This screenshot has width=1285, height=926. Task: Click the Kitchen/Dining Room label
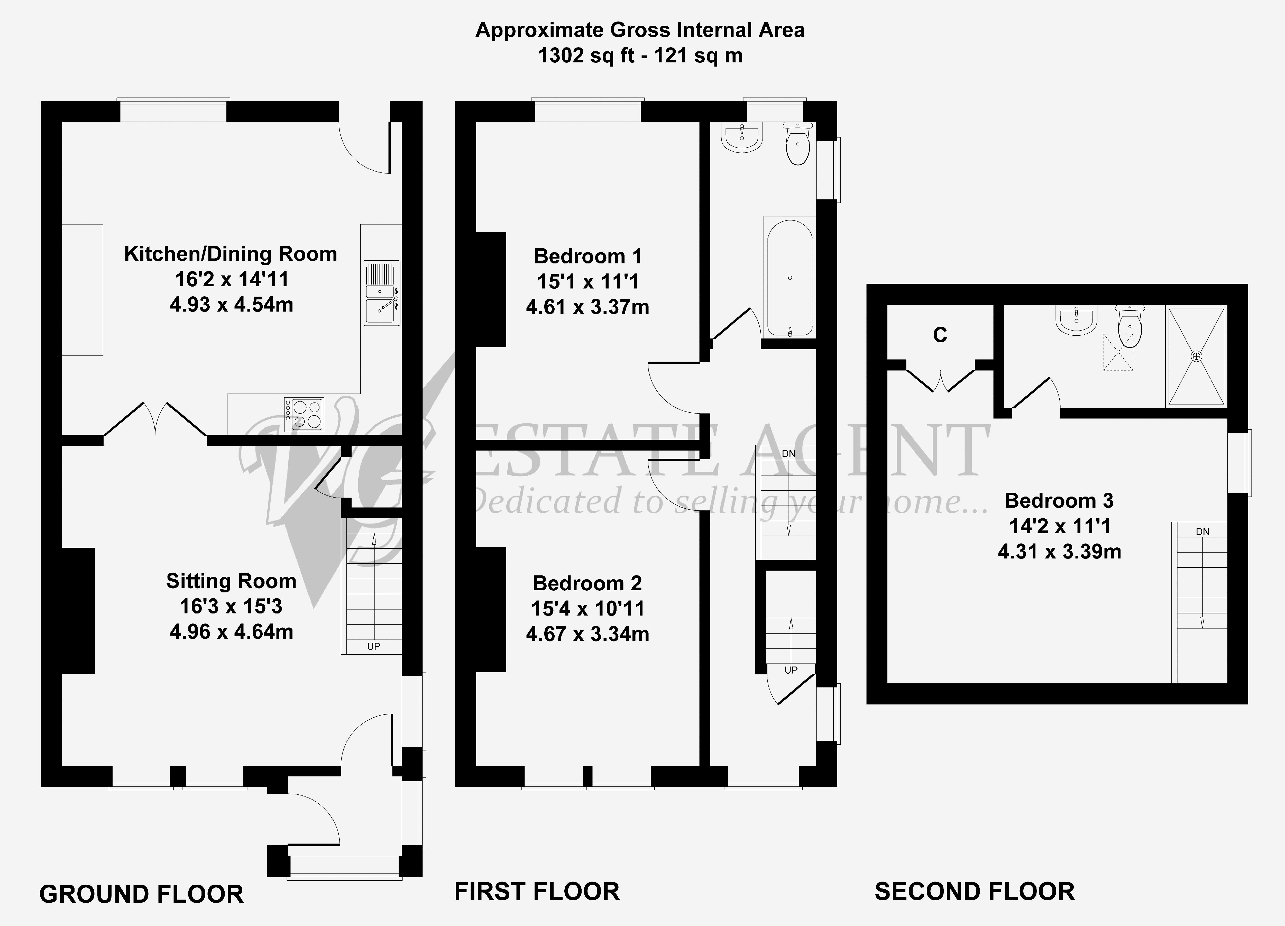pyautogui.click(x=231, y=254)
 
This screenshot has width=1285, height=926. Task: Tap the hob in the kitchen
pyautogui.click(x=304, y=414)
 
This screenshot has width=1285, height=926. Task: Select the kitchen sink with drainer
pyautogui.click(x=381, y=293)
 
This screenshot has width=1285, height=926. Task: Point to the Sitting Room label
pyautogui.click(x=231, y=581)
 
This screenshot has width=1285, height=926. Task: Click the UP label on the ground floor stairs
pyautogui.click(x=373, y=646)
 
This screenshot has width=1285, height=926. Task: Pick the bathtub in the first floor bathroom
pyautogui.click(x=790, y=278)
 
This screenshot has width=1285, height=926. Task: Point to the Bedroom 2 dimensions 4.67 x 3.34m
pyautogui.click(x=588, y=634)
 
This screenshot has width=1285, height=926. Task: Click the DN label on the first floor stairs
pyautogui.click(x=788, y=453)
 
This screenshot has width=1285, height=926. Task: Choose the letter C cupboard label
pyautogui.click(x=940, y=335)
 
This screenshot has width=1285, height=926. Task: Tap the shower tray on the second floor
pyautogui.click(x=1196, y=356)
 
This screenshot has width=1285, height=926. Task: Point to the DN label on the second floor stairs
pyautogui.click(x=1202, y=531)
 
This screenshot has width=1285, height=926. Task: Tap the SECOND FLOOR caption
pyautogui.click(x=975, y=891)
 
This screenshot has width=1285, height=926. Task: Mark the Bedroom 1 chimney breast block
pyautogui.click(x=491, y=290)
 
